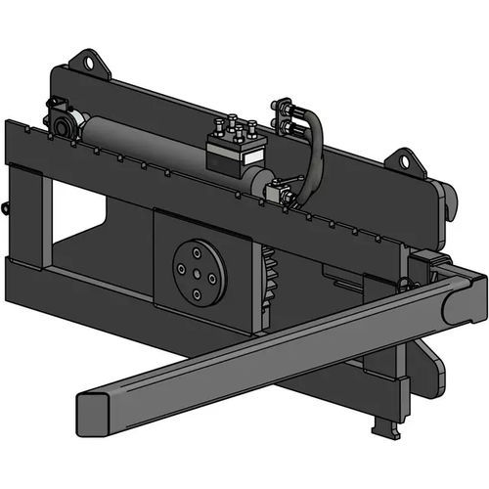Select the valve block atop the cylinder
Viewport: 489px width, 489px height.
pyautogui.click(x=237, y=150)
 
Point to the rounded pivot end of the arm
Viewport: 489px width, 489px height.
pyautogui.click(x=460, y=303)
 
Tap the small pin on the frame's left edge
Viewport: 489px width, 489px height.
pyautogui.click(x=7, y=207)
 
